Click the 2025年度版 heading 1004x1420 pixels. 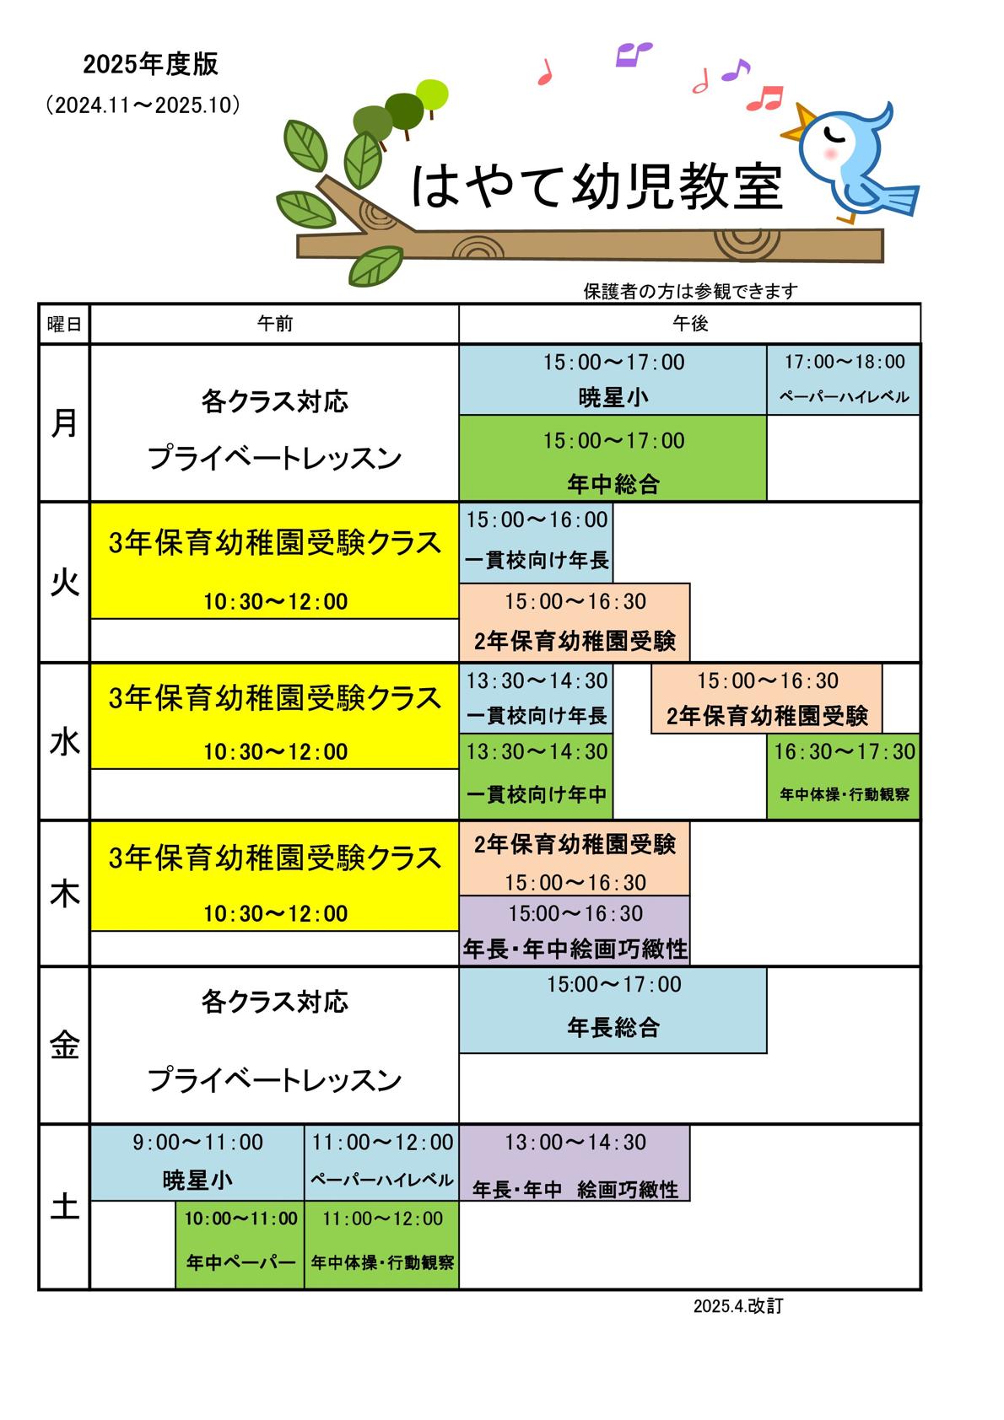(x=150, y=64)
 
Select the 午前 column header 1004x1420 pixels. (x=275, y=324)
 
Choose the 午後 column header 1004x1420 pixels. (x=690, y=324)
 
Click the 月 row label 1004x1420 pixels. (x=64, y=422)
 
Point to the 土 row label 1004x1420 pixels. (x=64, y=1206)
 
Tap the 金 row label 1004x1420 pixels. (x=64, y=1045)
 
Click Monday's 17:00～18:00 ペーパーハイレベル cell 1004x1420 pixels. (x=844, y=379)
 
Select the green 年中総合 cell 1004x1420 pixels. (x=613, y=458)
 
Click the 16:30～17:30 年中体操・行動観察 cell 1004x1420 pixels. (x=844, y=777)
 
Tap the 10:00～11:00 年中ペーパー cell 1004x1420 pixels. (x=240, y=1245)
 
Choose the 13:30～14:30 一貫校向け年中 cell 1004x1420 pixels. (x=536, y=777)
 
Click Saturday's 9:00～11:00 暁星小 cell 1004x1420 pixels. (x=197, y=1163)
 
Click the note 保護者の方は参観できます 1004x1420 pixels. (x=690, y=291)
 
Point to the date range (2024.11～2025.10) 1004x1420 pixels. (x=143, y=105)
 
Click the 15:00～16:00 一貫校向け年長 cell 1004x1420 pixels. (x=536, y=543)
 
